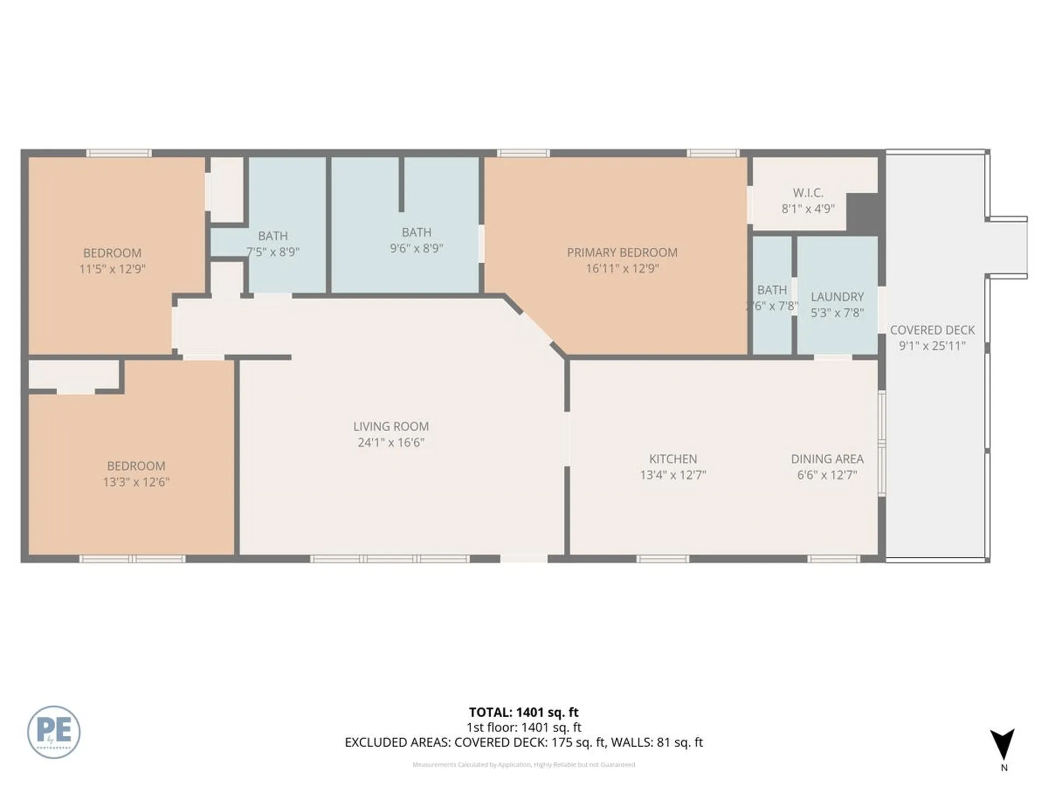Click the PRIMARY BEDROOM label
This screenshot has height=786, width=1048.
coord(622,253)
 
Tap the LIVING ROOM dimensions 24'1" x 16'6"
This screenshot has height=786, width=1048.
coord(391,442)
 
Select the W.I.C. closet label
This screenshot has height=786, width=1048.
coord(808,193)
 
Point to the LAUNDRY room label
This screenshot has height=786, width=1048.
coord(837,297)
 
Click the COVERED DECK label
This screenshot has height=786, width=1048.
coord(932,330)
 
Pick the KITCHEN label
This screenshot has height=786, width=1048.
coord(672,459)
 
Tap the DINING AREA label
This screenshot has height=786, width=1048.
coord(827,459)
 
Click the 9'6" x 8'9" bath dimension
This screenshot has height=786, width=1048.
coord(416,248)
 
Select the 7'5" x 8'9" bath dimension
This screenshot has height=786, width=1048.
coord(273,252)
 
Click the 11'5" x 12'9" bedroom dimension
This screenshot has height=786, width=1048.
coord(112,269)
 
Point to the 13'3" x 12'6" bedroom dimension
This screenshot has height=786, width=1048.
coord(136,482)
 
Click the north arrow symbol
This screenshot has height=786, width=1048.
coord(1003,744)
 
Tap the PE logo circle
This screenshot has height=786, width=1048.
coord(53,732)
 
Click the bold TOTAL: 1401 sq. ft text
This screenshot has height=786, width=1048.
coord(523,712)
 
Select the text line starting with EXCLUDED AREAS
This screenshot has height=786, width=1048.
coord(523,742)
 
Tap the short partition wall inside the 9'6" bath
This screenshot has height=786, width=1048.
coord(401,184)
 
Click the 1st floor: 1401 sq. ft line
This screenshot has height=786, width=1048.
coord(523,728)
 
